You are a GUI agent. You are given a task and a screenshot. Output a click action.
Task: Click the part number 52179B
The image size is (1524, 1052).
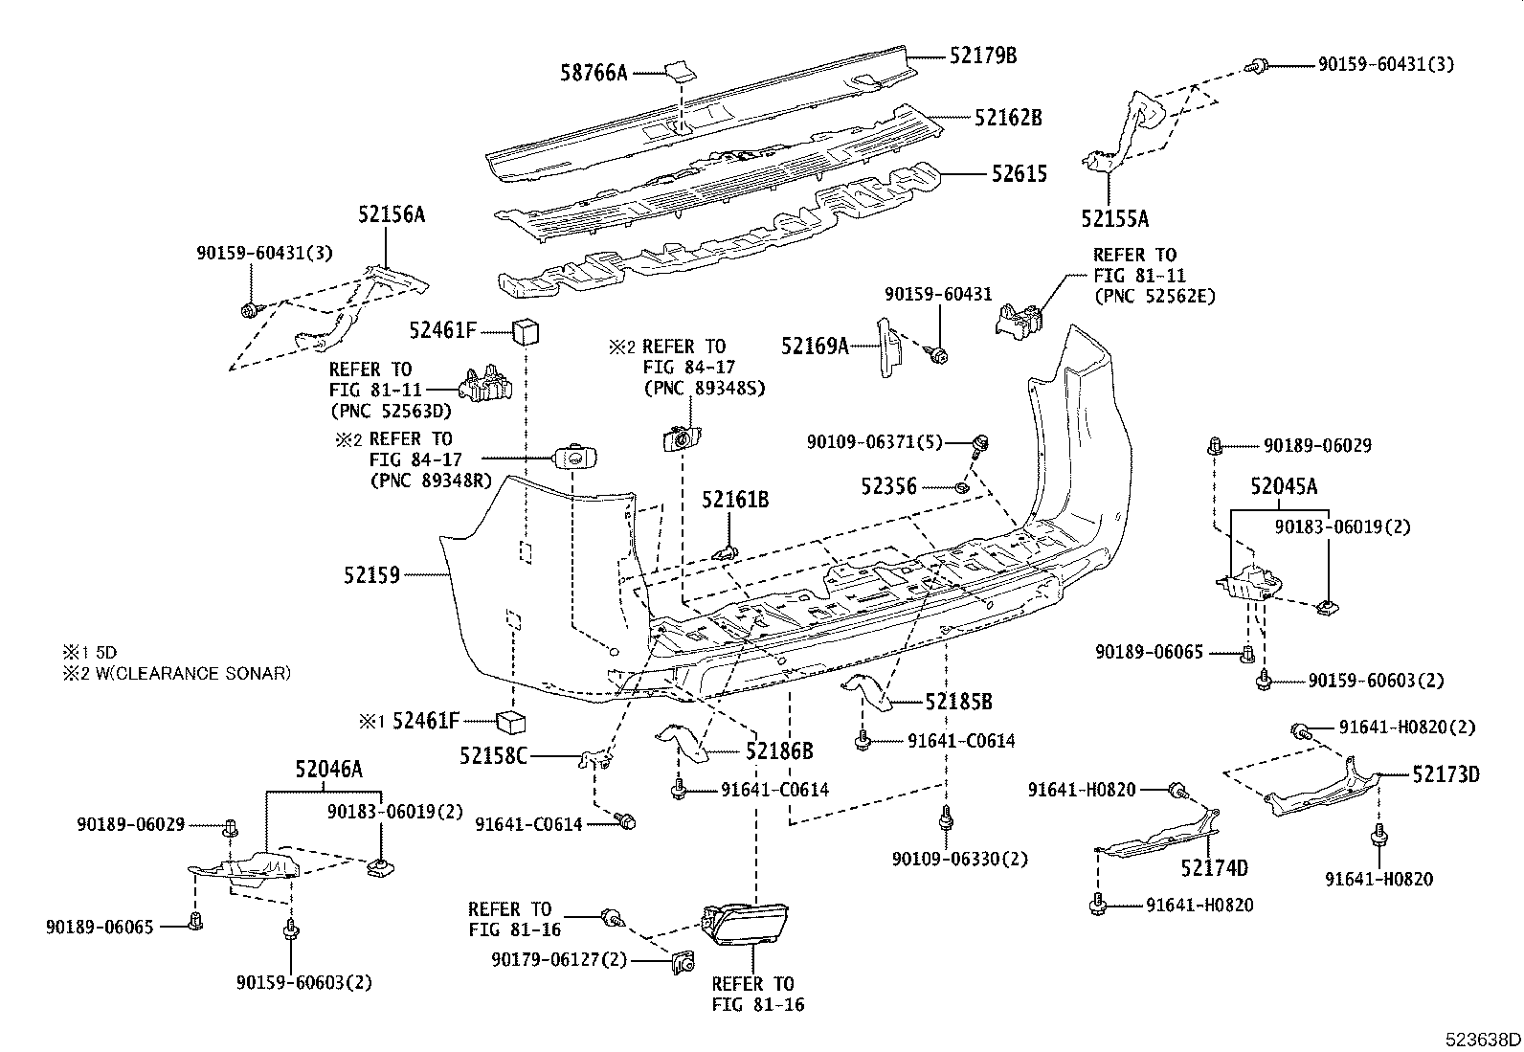(x=983, y=56)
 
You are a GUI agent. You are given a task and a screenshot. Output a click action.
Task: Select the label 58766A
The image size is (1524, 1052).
(x=594, y=72)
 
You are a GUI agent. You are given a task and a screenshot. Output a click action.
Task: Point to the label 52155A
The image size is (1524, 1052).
(x=1114, y=218)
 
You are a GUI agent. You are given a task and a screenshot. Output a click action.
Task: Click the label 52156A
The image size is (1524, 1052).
(x=392, y=214)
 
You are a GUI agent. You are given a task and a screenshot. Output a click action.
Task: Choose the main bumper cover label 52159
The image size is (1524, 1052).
(x=371, y=575)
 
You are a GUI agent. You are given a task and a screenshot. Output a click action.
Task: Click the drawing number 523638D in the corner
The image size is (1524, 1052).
(x=1483, y=1040)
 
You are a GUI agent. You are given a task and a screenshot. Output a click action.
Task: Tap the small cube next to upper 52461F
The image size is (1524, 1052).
(x=528, y=331)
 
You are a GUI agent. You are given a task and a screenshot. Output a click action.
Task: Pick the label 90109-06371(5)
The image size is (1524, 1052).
(x=874, y=442)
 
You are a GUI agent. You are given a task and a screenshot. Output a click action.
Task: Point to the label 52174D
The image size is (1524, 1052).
(x=1214, y=868)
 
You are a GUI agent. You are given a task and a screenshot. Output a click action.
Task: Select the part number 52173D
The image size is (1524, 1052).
(x=1446, y=774)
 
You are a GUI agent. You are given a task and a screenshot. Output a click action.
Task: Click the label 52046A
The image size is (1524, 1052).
(x=328, y=769)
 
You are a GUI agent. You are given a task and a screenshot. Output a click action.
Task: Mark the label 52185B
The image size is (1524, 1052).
(x=958, y=702)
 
